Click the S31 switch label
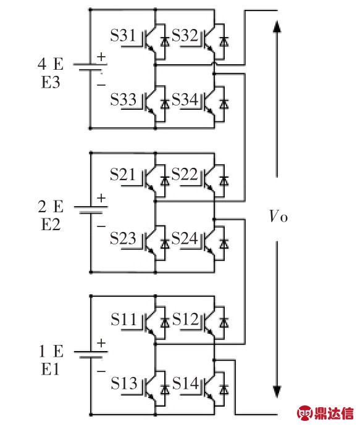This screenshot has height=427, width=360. pyautogui.click(x=123, y=35)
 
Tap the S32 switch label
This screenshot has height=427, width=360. pyautogui.click(x=185, y=35)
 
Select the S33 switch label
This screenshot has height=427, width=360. pyautogui.click(x=123, y=99)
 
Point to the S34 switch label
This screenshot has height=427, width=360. pyautogui.click(x=185, y=99)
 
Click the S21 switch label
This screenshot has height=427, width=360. pyautogui.click(x=123, y=174)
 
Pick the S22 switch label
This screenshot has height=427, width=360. pyautogui.click(x=185, y=174)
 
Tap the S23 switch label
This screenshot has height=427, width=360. pyautogui.click(x=123, y=238)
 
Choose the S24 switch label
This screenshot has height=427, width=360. pyautogui.click(x=185, y=238)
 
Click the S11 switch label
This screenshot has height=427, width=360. pyautogui.click(x=123, y=319)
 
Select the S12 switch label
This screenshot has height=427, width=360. pyautogui.click(x=185, y=319)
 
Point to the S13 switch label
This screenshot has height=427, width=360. pyautogui.click(x=123, y=383)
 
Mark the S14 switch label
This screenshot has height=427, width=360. pyautogui.click(x=185, y=383)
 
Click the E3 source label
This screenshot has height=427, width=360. pyautogui.click(x=51, y=82)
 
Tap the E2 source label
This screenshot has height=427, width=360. pyautogui.click(x=51, y=225)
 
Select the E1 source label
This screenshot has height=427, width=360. pyautogui.click(x=50, y=370)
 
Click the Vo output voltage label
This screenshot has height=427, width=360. pyautogui.click(x=278, y=217)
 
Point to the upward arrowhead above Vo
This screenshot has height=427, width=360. pyautogui.click(x=277, y=27)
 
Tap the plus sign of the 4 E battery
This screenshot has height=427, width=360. pyautogui.click(x=101, y=57)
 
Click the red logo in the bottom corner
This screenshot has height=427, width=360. pyautogui.click(x=325, y=413)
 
